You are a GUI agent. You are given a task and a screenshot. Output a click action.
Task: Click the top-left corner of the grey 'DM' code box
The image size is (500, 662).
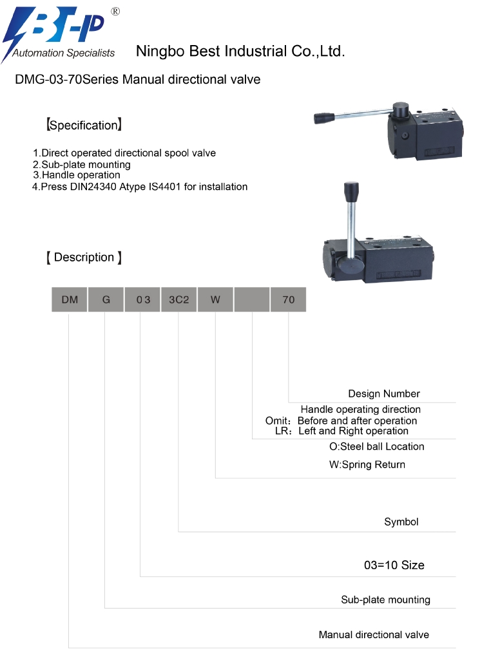52,287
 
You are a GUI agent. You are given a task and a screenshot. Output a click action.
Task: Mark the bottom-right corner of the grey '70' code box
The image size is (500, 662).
306,312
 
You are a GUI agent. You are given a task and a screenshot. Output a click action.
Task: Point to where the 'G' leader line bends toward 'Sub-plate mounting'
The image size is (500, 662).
105,608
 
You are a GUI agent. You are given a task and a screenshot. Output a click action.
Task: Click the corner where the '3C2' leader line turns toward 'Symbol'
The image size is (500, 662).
178,531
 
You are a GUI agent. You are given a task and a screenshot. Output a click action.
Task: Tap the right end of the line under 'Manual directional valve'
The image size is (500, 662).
456,648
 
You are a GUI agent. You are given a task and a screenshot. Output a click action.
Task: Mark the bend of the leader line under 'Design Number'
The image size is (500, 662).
289,402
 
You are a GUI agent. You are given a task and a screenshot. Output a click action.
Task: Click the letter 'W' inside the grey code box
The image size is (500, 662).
215,299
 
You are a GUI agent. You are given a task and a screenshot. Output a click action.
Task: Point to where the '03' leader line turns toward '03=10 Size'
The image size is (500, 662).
140,576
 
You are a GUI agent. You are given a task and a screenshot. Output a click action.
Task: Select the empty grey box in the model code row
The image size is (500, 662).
252,299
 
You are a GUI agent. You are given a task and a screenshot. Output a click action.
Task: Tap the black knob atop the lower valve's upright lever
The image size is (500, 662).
351,192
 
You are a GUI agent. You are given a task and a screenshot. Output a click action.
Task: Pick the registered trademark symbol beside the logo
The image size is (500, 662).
115,12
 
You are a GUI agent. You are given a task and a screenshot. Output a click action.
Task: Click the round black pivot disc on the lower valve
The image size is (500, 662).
351,265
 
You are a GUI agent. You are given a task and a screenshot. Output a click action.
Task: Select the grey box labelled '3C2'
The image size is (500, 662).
179,299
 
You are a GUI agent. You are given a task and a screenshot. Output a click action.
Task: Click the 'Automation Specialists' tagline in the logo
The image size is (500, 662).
63,53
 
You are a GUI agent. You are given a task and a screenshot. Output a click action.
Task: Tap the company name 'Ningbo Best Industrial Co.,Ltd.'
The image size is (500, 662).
240,51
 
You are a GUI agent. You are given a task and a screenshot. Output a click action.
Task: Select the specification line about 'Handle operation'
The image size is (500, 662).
77,175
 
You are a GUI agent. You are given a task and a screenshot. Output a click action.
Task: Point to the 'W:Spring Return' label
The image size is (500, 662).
367,464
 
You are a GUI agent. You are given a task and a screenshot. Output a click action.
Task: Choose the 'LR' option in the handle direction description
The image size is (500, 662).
341,431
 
